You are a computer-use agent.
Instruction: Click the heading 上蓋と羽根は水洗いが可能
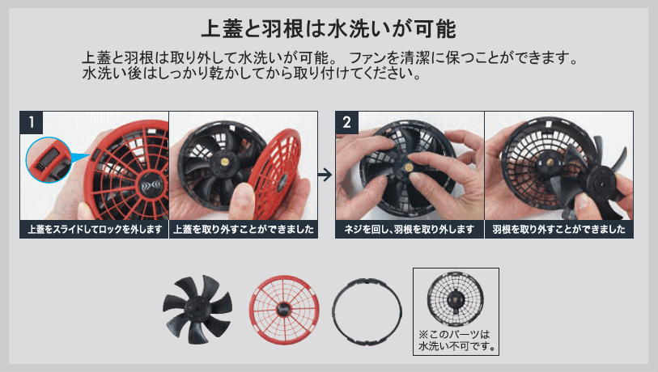pos(329,29)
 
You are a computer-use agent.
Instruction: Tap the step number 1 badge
pos(32,122)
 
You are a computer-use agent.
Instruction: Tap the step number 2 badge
pos(346,122)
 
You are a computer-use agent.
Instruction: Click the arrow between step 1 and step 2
pos(325,175)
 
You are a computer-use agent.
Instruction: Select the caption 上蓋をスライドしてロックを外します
pos(95,230)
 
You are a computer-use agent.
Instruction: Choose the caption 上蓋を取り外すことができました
pos(244,230)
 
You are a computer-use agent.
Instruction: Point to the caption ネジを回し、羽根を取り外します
pos(410,230)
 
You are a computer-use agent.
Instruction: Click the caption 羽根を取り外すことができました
pos(559,230)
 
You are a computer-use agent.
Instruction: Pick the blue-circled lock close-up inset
pos(49,160)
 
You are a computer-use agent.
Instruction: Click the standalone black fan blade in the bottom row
pos(197,310)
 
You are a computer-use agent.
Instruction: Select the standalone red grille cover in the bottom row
pos(284,310)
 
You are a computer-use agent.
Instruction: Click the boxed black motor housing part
pos(456,298)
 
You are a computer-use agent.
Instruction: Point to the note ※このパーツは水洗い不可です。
pos(456,340)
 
